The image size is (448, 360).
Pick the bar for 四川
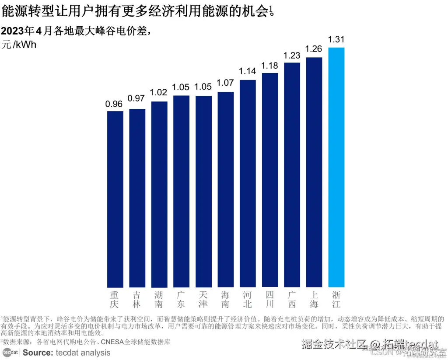[x=270, y=180]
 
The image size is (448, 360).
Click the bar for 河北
[x=248, y=183]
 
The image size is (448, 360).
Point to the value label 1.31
[x=336, y=40]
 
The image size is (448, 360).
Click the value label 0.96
[x=115, y=104]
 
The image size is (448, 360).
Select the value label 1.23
[x=292, y=56]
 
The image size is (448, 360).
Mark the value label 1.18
[x=270, y=66]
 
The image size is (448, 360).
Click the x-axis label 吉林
[x=137, y=299]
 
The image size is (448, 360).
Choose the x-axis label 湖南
[x=159, y=299]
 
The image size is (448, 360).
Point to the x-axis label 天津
[x=203, y=299]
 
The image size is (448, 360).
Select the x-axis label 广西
[x=292, y=299]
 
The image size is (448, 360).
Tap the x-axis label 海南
[x=226, y=299]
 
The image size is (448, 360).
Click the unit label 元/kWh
[x=19, y=45]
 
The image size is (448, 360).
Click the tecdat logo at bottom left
[x=10, y=352]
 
